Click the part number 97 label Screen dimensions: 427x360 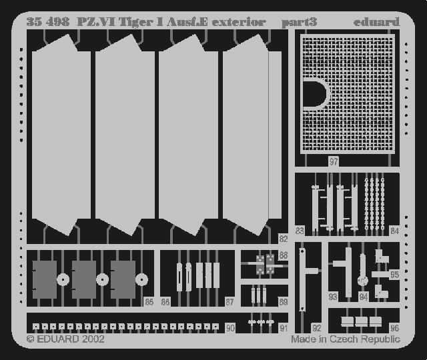click(334, 161)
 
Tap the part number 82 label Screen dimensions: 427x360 click(283, 239)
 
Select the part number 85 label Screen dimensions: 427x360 click(149, 302)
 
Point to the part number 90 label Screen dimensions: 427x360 click(230, 328)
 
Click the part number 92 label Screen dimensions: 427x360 click(316, 328)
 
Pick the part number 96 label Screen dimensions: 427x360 click(394, 328)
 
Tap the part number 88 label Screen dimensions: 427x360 click(283, 255)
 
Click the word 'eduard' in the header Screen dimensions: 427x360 click(376, 22)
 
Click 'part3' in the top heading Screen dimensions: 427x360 click(300, 22)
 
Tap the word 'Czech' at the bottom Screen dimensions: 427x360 click(344, 339)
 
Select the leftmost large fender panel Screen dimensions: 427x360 click(61, 135)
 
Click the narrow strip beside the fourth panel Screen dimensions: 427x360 click(275, 135)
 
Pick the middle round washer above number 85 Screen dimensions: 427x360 click(102, 279)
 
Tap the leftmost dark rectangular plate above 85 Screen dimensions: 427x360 click(45, 279)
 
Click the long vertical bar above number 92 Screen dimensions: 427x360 click(302, 279)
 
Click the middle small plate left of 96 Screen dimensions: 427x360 click(362, 321)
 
